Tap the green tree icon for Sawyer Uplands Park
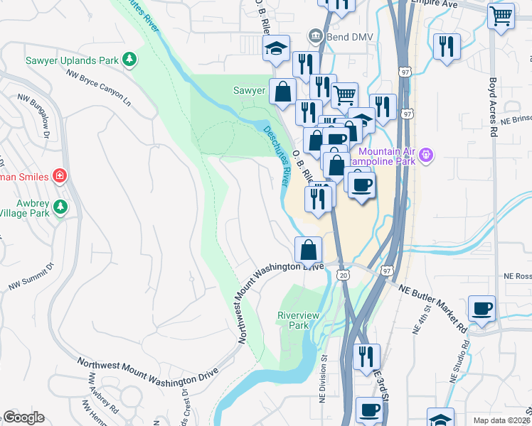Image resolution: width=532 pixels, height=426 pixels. pos(129,60)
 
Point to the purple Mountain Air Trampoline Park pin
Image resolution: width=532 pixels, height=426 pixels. pos(426,154)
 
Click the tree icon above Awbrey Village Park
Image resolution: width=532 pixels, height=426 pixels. pos(60,207)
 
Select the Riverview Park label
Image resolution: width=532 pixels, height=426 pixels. pos(292,320)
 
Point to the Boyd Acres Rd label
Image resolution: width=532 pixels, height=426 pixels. pos(492,106)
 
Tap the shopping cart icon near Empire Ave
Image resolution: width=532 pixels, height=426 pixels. pos(501,15)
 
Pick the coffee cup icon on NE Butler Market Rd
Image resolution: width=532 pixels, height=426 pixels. pos(482,308)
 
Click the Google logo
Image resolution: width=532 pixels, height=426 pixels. pos(23,417)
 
